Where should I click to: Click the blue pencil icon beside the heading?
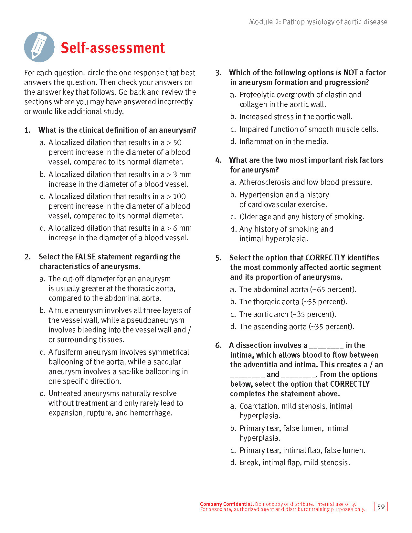(39, 47)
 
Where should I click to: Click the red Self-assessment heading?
(112, 48)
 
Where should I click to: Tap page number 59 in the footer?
(381, 507)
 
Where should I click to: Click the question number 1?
(27, 130)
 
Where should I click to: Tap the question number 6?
(218, 345)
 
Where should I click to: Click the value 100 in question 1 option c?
(179, 196)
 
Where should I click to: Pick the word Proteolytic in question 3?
(257, 95)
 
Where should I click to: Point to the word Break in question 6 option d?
(249, 463)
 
